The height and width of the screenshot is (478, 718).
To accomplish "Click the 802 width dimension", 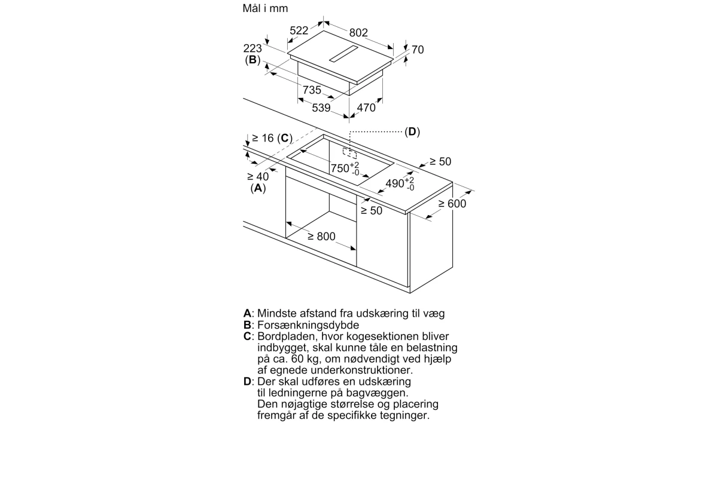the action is pos(358,33).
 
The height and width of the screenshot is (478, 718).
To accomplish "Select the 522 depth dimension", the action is pos(299,30).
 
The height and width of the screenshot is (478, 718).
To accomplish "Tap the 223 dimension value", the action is pos(252,48).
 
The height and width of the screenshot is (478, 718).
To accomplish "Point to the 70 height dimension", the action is pos(418,50).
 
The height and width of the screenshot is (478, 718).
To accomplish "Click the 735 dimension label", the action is pos(312,90).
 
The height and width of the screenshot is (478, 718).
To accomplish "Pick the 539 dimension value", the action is pos(321,108).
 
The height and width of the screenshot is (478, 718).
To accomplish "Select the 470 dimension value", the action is pos(366,108).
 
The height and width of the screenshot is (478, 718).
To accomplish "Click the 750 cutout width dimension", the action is pos(345,168).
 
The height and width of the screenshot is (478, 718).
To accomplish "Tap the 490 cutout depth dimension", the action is pos(400,184).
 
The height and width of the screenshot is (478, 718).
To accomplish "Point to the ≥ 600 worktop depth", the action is pos(452,204).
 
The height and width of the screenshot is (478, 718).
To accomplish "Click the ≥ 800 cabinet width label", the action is pos(321,236).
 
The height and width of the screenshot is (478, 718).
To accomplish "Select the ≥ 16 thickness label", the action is pos(263,138).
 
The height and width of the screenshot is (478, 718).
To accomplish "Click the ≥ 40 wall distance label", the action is pos(258,176).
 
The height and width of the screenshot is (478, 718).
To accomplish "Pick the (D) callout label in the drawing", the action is pos(412,131).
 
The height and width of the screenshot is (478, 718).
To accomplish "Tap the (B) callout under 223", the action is pos(252,60).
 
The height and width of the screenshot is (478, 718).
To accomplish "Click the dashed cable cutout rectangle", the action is pos(349,153).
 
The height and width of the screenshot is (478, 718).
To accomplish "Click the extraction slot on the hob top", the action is pos(343,53).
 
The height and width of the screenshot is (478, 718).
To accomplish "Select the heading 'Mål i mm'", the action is pos(265,8).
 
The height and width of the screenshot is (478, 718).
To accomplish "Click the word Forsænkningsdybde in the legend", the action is pos(308,325).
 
